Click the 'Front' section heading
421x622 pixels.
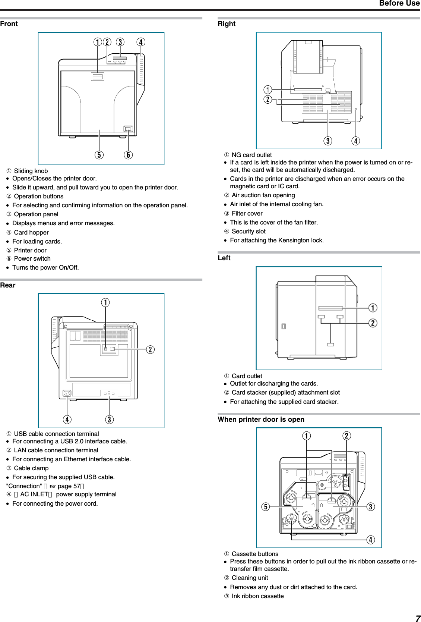click(9, 24)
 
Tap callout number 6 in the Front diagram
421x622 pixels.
click(128, 155)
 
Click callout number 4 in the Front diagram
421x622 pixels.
click(141, 42)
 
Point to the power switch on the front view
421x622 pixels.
click(128, 129)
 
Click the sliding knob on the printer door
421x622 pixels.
click(98, 76)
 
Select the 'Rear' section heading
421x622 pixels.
click(8, 285)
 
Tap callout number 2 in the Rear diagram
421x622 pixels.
click(150, 349)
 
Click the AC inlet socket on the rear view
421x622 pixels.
click(67, 393)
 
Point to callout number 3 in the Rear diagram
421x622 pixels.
click(109, 420)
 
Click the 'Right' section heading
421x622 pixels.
click(227, 24)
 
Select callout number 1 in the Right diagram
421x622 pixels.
click(268, 90)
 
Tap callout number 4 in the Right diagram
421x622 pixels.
click(356, 141)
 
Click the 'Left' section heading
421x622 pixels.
click(224, 258)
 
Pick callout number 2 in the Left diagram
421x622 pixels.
click(373, 323)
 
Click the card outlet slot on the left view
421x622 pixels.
click(330, 308)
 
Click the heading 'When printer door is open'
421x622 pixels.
click(261, 420)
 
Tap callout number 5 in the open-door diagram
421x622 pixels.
click(266, 507)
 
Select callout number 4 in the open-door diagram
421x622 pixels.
click(370, 540)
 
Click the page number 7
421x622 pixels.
click(418, 618)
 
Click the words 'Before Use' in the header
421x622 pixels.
click(399, 3)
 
